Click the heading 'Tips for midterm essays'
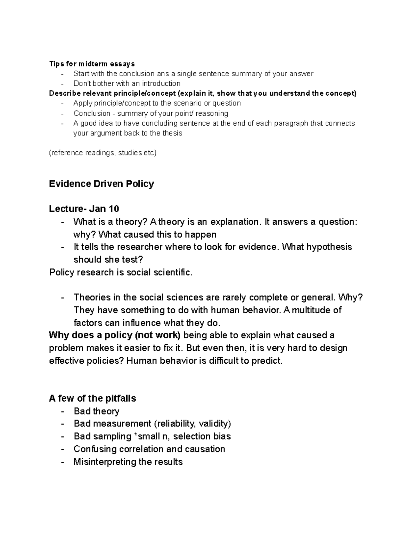click(x=92, y=64)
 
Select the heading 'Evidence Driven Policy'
click(x=101, y=184)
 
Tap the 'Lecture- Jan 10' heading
click(x=84, y=209)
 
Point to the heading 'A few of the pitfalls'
click(x=92, y=398)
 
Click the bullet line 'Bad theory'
click(x=96, y=411)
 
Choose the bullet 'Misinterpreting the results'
click(x=128, y=462)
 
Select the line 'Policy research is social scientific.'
click(x=121, y=272)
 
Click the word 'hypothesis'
click(x=328, y=247)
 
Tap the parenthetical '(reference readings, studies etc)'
click(x=103, y=153)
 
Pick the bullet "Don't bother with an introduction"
click(x=127, y=83)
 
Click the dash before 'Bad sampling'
click(x=62, y=436)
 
